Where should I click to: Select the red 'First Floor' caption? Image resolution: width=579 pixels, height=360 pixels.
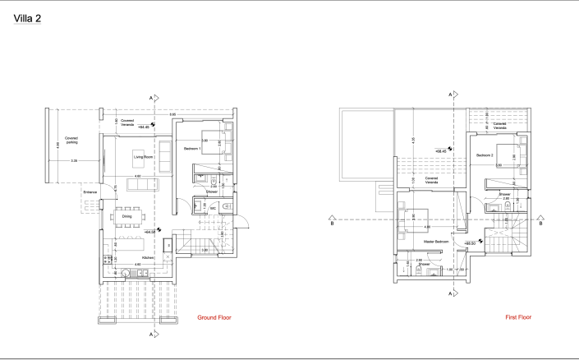[520, 316]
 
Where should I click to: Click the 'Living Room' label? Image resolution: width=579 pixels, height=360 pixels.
[145, 155]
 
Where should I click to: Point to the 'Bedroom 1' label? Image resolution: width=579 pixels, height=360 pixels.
[192, 148]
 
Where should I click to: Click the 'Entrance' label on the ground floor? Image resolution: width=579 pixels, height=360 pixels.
[90, 192]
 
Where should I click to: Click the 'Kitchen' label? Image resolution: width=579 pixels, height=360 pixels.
[149, 257]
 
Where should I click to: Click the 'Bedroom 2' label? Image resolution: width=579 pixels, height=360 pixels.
[482, 155]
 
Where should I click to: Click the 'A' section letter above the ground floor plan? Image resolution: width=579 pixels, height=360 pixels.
[150, 98]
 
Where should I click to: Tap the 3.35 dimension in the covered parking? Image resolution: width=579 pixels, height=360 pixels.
[74, 160]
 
